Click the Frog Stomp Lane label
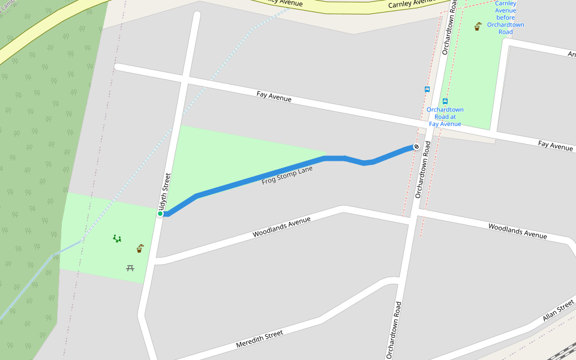(287, 175)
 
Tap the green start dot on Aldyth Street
(160, 214)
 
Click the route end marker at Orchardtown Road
(416, 146)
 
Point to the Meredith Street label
(259, 339)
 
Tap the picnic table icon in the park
(130, 268)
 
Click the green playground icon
(117, 238)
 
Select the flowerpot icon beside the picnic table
(140, 248)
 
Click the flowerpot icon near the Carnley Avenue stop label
(478, 27)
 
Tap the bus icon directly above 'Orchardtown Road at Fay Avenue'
(445, 101)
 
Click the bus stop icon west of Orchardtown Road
(427, 89)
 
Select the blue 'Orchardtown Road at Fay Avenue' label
(445, 116)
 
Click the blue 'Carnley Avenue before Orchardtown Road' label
(505, 17)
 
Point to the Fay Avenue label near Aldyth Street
(274, 96)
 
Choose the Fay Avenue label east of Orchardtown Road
(555, 145)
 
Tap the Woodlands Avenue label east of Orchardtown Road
(517, 231)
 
